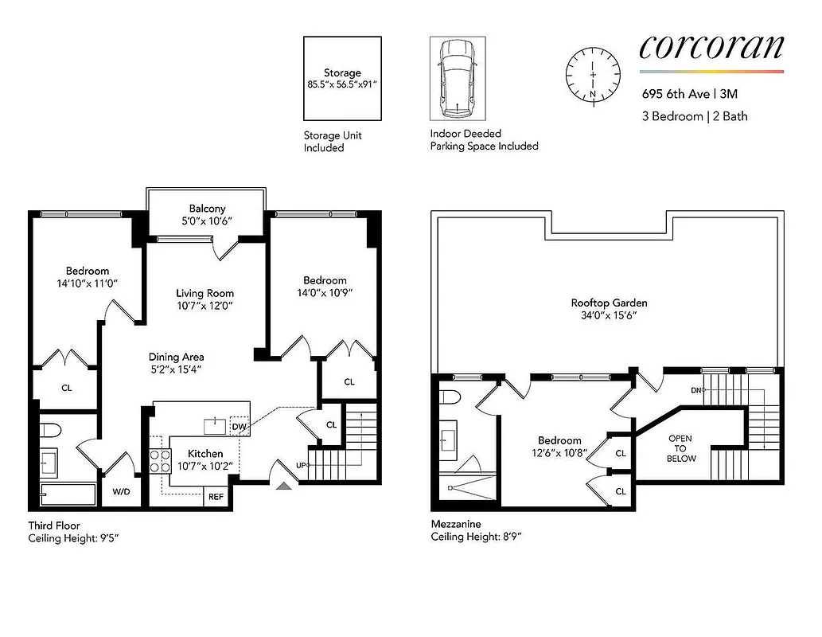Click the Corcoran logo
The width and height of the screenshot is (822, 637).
click(711, 47)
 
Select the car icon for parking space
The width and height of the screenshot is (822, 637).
click(457, 76)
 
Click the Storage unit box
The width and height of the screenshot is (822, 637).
click(342, 77)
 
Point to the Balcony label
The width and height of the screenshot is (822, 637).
click(207, 209)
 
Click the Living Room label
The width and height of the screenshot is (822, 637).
click(205, 293)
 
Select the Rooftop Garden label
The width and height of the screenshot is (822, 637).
click(609, 303)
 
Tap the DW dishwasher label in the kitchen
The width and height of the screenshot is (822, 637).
click(240, 427)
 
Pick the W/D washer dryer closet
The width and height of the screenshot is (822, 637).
click(121, 491)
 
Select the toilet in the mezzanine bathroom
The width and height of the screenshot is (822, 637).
click(449, 398)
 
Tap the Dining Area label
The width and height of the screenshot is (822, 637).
click(177, 357)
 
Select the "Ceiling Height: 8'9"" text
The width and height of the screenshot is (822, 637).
click(476, 537)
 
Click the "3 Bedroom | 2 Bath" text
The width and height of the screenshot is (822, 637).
click(695, 116)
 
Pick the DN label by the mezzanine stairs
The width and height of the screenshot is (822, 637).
click(696, 390)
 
